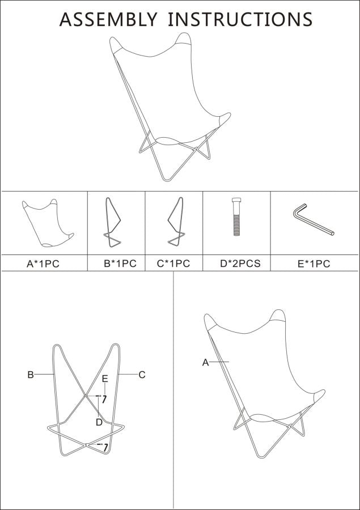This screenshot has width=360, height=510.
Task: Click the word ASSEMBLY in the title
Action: click(x=108, y=19)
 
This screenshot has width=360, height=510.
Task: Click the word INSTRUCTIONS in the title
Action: click(x=240, y=19)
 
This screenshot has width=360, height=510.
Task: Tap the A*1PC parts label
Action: click(x=43, y=263)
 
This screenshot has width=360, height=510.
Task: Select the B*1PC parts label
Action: click(x=120, y=263)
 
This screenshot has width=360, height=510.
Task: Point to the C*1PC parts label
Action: click(x=173, y=263)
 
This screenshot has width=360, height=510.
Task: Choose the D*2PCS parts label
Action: click(x=240, y=263)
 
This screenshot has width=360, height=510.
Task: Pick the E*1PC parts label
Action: click(x=314, y=263)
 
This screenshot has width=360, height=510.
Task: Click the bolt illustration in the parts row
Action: click(x=236, y=216)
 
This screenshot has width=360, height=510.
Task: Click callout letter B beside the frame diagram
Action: click(x=31, y=375)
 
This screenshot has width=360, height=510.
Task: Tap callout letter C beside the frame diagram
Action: click(x=142, y=375)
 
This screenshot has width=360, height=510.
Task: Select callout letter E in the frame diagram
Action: click(x=105, y=379)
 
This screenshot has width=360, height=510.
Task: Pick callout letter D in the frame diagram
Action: click(x=99, y=422)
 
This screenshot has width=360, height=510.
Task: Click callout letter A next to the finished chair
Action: click(x=205, y=362)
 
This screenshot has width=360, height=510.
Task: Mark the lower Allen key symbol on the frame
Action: click(x=105, y=448)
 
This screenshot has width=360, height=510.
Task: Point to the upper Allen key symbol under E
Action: click(x=104, y=399)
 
